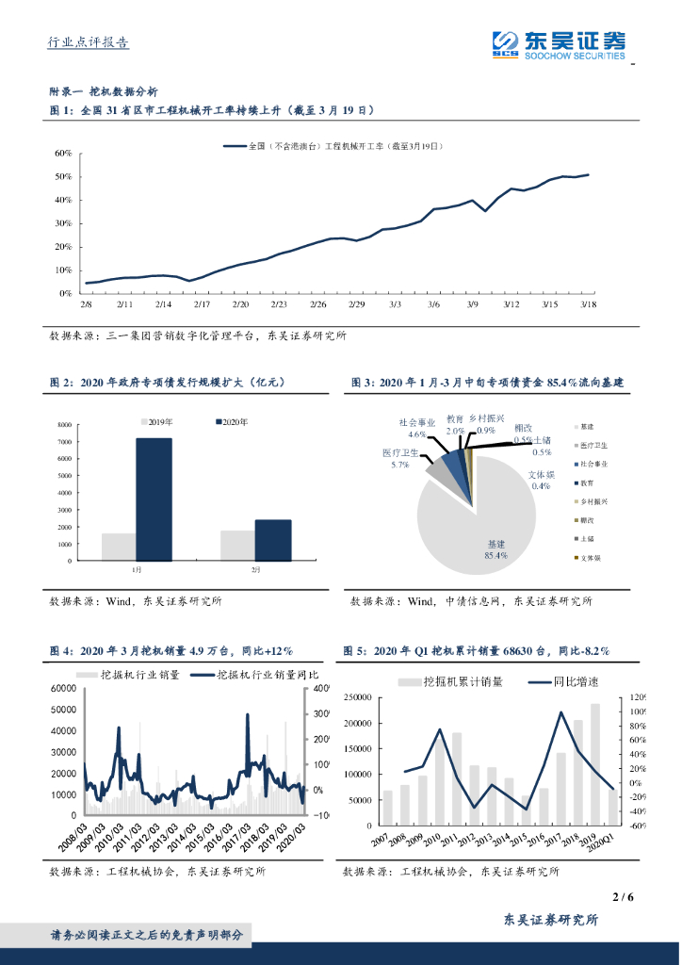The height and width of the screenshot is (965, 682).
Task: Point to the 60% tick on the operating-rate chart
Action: click(63, 153)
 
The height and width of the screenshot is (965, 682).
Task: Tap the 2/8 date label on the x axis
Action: click(86, 304)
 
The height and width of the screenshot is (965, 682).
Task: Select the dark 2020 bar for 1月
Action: click(154, 499)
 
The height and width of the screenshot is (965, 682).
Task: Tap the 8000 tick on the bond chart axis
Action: click(63, 426)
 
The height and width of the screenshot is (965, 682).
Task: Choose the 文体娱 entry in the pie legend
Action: click(590, 558)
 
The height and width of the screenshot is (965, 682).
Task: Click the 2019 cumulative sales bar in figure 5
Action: click(595, 764)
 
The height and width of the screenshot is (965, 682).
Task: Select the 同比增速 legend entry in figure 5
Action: click(576, 680)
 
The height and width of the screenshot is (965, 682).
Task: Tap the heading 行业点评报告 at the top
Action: click(88, 42)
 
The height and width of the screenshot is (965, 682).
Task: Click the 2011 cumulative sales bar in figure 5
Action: click(457, 779)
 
